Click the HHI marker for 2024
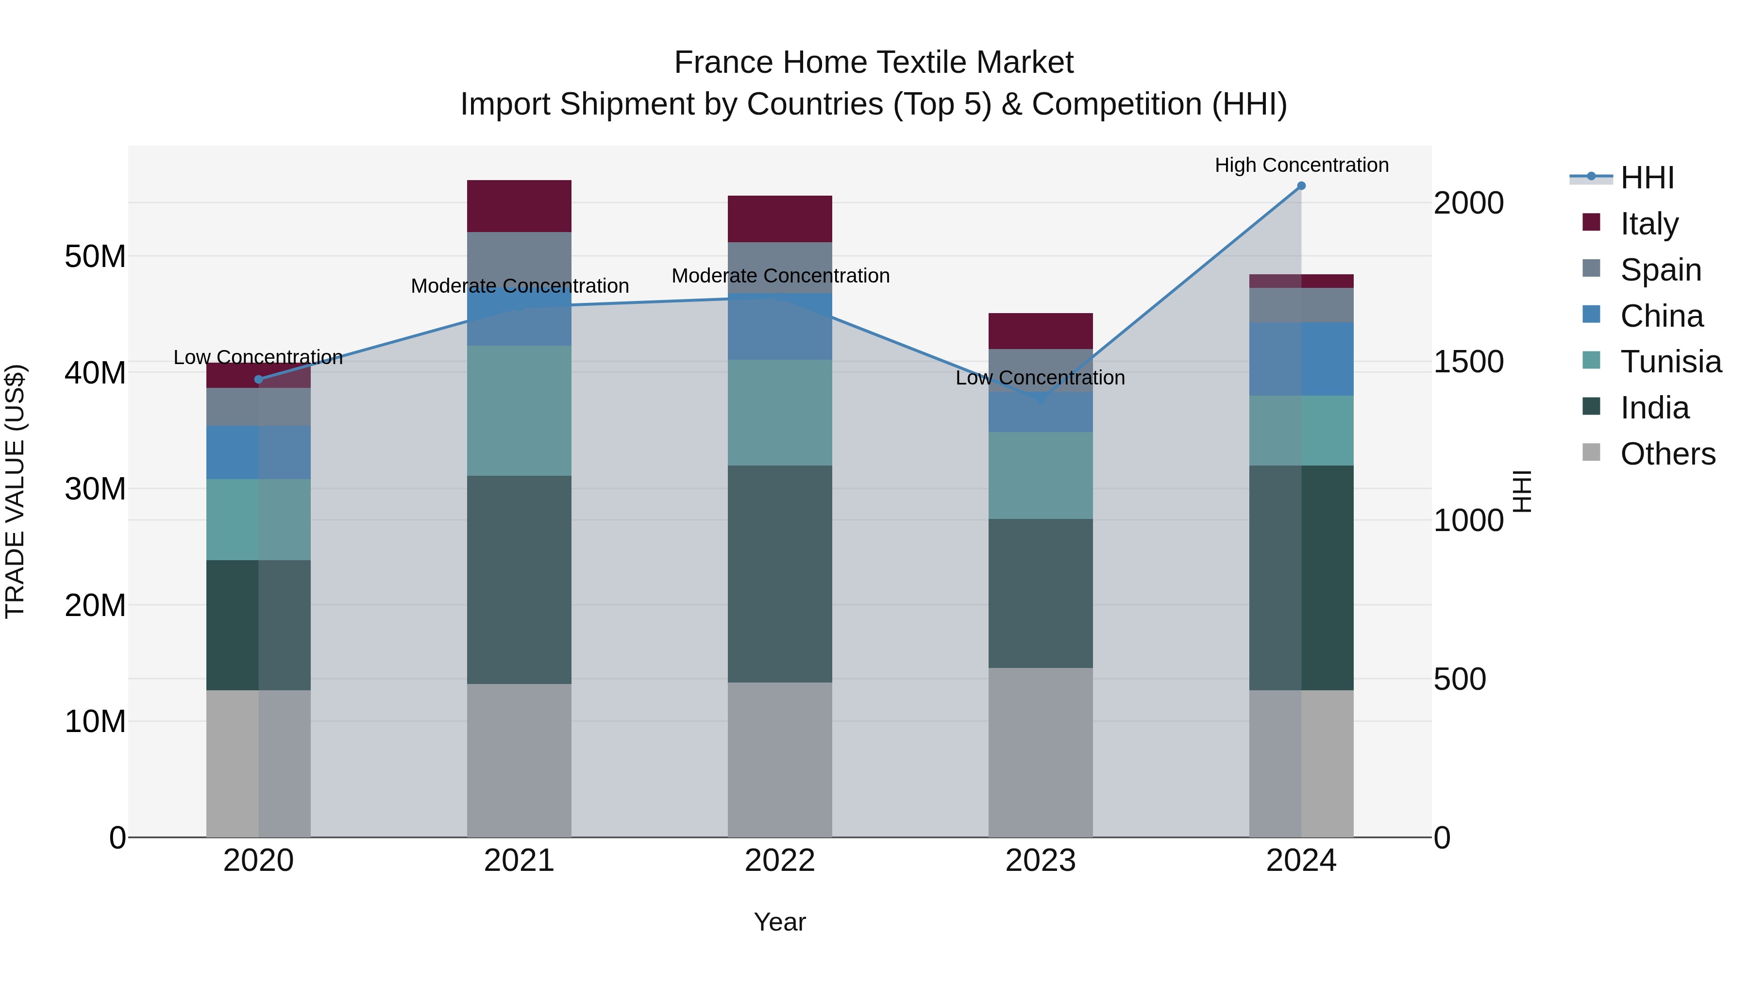pos(1301,186)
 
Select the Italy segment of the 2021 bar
pos(519,206)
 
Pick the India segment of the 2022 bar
pos(780,574)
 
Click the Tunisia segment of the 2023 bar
pos(1040,476)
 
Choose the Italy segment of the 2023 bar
pos(1040,331)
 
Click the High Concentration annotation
pos(1301,166)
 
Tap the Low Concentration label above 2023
pos(1040,378)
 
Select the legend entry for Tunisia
pos(1671,362)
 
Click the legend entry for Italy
pos(1649,223)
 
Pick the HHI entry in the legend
pos(1647,178)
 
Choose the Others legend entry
pos(1667,454)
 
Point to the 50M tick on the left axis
pos(95,256)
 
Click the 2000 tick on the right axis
pos(1468,203)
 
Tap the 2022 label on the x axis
pos(780,861)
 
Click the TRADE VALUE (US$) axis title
pos(15,491)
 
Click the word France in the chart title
pos(723,63)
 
